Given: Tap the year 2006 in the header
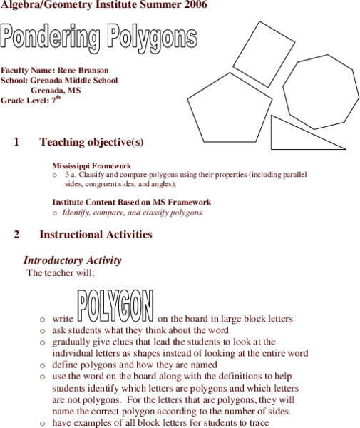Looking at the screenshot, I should click(194, 6).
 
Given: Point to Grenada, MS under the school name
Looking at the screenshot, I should click(56, 91).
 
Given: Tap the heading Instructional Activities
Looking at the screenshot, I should click(96, 234).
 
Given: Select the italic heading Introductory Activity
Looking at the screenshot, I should click(72, 260).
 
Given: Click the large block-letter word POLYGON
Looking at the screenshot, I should click(115, 305).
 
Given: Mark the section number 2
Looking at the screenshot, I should click(16, 234).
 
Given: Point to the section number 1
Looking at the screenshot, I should click(16, 142).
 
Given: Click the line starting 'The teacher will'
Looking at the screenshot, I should click(60, 272).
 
